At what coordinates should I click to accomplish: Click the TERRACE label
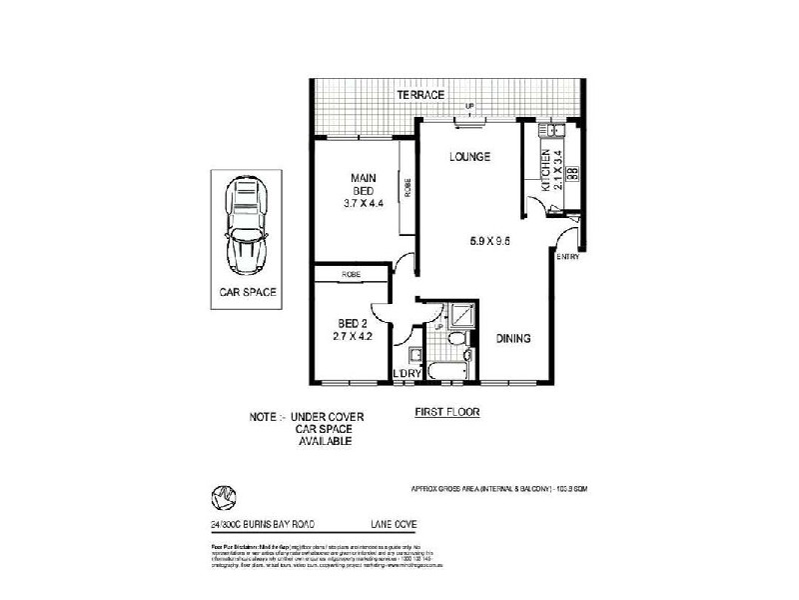pyautogui.click(x=419, y=94)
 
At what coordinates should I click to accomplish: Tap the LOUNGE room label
pyautogui.click(x=468, y=156)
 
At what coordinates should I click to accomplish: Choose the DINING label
pyautogui.click(x=513, y=339)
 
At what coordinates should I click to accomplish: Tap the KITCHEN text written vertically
pyautogui.click(x=545, y=170)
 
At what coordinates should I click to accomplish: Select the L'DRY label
pyautogui.click(x=406, y=374)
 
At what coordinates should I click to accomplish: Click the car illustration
pyautogui.click(x=244, y=226)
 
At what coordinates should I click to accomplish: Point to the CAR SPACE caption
pyautogui.click(x=248, y=293)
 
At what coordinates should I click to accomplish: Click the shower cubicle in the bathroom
pyautogui.click(x=462, y=316)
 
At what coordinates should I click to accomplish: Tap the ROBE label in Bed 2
pyautogui.click(x=351, y=274)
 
